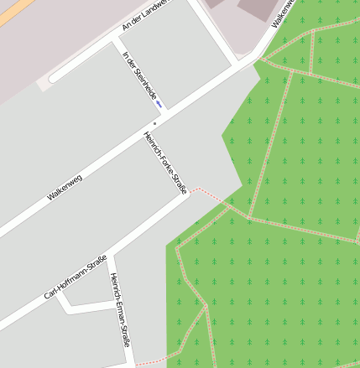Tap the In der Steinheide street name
pos(139,75)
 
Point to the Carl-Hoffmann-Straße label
pos(75,277)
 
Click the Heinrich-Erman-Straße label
pos(120,310)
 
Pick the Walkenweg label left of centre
pos(65,189)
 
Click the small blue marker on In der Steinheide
pos(159,104)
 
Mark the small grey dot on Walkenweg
pos(154,124)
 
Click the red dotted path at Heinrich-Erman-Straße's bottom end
pos(147,363)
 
